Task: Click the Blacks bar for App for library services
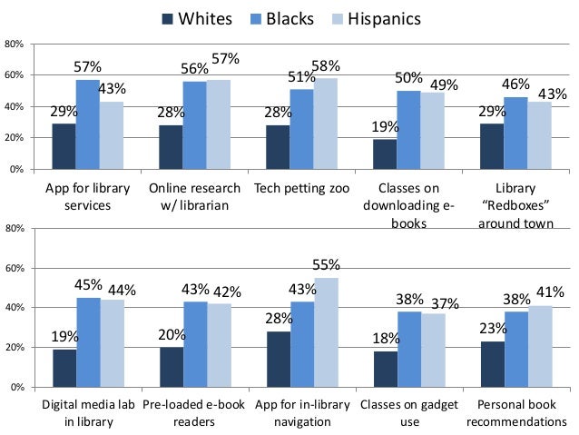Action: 88,124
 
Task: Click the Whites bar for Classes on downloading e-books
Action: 385,154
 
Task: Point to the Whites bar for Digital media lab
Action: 64,369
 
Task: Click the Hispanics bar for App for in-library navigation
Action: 326,332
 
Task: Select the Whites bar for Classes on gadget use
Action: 385,370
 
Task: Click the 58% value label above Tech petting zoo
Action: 326,66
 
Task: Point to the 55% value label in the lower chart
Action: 326,265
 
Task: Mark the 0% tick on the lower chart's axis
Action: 16,388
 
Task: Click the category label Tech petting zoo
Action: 302,189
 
